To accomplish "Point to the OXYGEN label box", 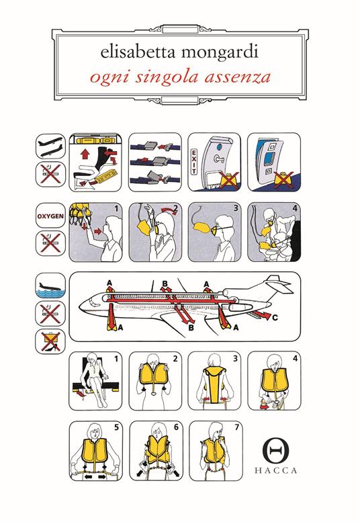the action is pos(50,216).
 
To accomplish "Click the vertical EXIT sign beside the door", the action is pos(193,162).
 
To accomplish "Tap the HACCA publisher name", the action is pos(275,470).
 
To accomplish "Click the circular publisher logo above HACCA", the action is pos(275,449).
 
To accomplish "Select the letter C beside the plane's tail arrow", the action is pos(275,318).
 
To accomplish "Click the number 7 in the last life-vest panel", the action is pos(237,427).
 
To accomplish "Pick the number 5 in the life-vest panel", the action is pos(116,427).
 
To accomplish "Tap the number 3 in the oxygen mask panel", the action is pos(236,208).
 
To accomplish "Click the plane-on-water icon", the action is pos(50,286).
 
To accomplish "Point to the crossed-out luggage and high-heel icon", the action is pos(50,341).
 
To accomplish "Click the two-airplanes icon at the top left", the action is pos(50,146).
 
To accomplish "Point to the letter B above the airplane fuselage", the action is pos(165,284).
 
